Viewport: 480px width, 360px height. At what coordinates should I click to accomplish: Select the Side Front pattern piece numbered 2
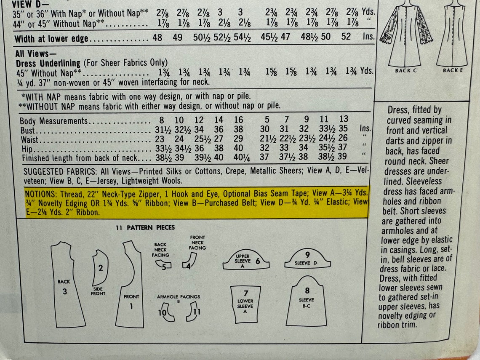coord(100,269)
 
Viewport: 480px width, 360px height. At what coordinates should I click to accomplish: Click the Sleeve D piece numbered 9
coord(308,259)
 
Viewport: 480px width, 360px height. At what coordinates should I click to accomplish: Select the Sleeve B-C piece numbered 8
coord(307,301)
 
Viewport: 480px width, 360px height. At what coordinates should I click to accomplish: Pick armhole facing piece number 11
coord(193,312)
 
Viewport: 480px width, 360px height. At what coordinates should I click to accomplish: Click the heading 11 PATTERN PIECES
coord(145,228)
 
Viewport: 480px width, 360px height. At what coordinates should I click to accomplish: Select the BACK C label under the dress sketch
coord(405,71)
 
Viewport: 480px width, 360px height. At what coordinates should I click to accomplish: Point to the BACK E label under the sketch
coord(453,70)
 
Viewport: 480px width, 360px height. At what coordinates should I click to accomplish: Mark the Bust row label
coord(28,130)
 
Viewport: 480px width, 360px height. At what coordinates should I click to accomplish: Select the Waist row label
coord(29,139)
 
